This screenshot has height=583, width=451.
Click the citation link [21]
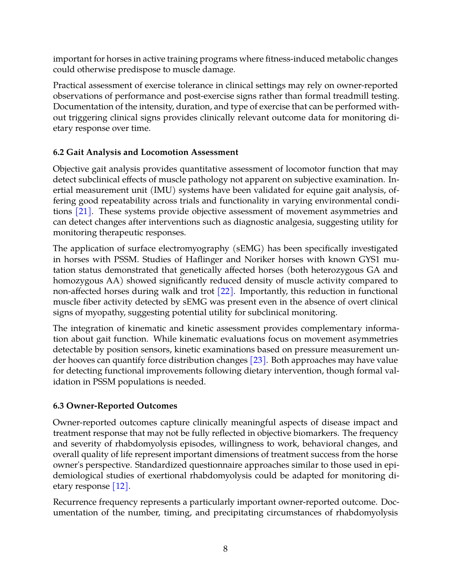click(83, 211)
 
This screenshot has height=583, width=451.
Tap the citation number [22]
click(225, 291)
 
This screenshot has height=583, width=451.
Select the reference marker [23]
click(258, 360)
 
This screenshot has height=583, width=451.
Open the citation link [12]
click(120, 486)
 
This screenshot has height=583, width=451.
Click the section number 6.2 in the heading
click(58, 152)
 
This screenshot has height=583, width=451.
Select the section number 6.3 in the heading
click(58, 406)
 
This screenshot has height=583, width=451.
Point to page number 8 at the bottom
click(225, 549)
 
